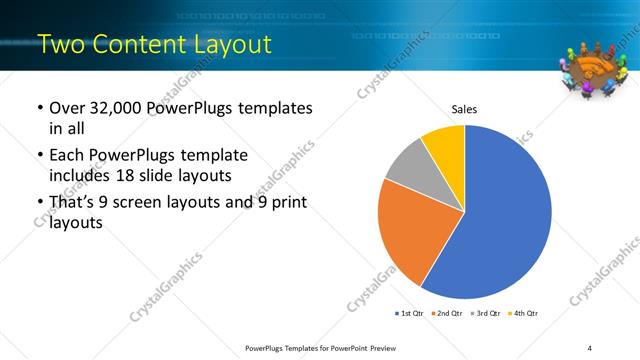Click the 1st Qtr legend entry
click(x=407, y=313)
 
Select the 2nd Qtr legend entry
click(x=445, y=313)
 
